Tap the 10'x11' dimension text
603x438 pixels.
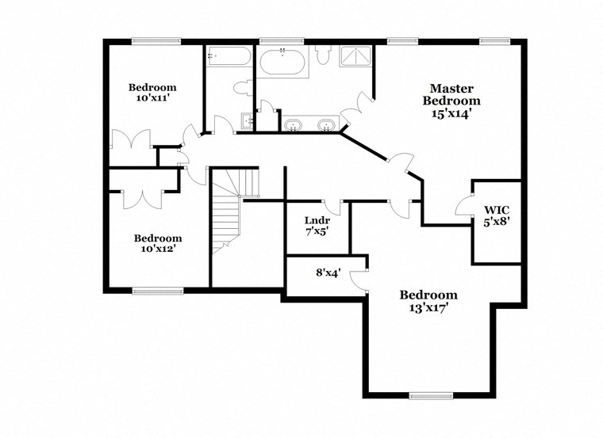coord(152,99)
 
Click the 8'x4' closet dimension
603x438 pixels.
coord(328,273)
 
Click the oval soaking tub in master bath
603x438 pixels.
coord(282,62)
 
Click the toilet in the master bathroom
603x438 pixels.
coord(322,55)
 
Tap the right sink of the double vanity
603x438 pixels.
coord(326,125)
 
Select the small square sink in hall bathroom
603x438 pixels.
coord(248,121)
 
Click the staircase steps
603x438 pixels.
coord(227,218)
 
